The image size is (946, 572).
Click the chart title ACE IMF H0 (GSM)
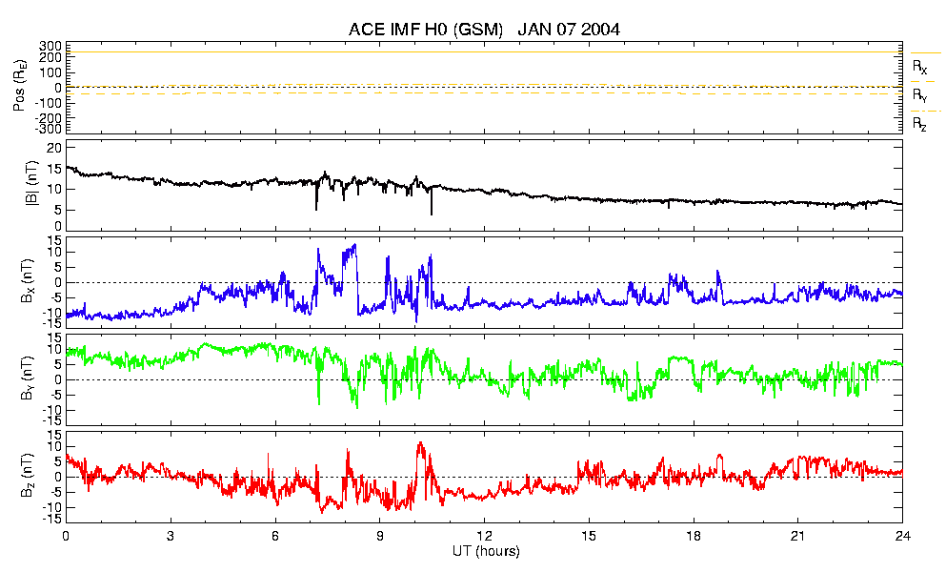tap(425, 29)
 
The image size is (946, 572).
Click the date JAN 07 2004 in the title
tap(569, 29)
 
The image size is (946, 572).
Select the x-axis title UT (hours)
tap(486, 551)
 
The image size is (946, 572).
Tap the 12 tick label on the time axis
tap(484, 536)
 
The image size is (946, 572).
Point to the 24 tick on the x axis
tap(902, 536)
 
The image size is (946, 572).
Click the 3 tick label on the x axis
tap(171, 536)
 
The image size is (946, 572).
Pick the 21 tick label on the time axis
tap(797, 536)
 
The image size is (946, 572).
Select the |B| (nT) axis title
tap(30, 184)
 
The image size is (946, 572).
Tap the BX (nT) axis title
tap(28, 281)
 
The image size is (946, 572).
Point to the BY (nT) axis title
tap(28, 378)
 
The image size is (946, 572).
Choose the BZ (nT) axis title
tap(28, 476)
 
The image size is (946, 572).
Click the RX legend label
tap(919, 67)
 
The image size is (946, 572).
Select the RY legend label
tap(919, 95)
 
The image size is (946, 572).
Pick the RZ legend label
tap(919, 125)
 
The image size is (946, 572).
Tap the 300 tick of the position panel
tap(50, 47)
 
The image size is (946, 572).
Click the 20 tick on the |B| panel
tap(55, 148)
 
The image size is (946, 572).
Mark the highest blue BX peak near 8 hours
tap(354, 244)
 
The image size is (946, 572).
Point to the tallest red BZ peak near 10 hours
tap(420, 442)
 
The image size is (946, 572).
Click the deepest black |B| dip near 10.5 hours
tap(432, 214)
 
